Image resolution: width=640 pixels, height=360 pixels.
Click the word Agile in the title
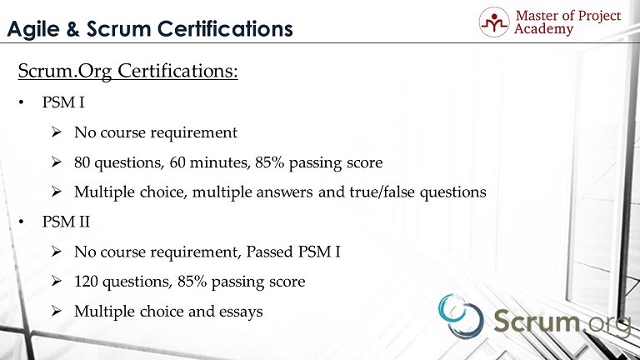(x=33, y=30)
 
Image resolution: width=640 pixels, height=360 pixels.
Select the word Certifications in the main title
(x=225, y=29)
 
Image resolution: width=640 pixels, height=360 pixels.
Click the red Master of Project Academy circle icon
(x=494, y=22)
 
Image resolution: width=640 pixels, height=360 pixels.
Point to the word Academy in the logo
(x=543, y=29)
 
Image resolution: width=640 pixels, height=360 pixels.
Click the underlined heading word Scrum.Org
(x=65, y=72)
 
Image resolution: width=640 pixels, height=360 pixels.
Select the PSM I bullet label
(x=63, y=102)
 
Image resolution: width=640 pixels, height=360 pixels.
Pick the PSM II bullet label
(x=66, y=222)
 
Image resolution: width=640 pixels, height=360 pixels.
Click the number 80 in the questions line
(x=82, y=162)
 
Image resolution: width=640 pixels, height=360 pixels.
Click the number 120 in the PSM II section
(x=86, y=282)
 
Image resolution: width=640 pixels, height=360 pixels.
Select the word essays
(x=241, y=312)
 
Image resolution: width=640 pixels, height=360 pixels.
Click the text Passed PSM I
(x=293, y=252)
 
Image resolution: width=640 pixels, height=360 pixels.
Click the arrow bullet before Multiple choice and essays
(x=57, y=311)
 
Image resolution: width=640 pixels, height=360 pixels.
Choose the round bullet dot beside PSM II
(x=21, y=222)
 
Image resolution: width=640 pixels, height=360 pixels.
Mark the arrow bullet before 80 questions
(x=57, y=162)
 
